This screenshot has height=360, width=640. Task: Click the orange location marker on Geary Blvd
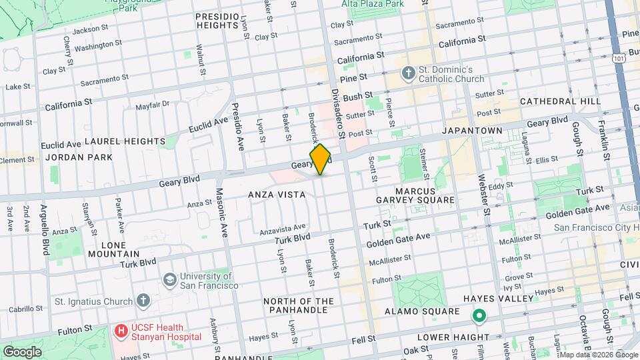coord(321,159)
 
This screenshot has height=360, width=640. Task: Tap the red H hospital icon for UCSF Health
coord(121,330)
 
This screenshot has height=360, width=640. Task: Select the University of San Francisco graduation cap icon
coord(170,279)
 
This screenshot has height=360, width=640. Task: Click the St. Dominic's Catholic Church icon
coord(407,73)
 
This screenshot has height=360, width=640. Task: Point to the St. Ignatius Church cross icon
coord(142,301)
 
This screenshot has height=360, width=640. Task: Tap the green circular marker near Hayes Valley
coord(478,316)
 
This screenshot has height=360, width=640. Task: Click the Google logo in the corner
coord(23,351)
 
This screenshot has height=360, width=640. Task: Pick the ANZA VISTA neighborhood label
coord(277,195)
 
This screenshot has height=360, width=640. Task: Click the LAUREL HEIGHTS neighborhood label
coord(125,141)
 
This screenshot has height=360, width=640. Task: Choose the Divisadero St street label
coord(337,113)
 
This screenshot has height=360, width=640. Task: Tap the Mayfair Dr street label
coord(153,105)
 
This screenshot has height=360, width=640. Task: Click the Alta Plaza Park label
coord(373,4)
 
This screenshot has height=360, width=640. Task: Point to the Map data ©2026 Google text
coord(597,355)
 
